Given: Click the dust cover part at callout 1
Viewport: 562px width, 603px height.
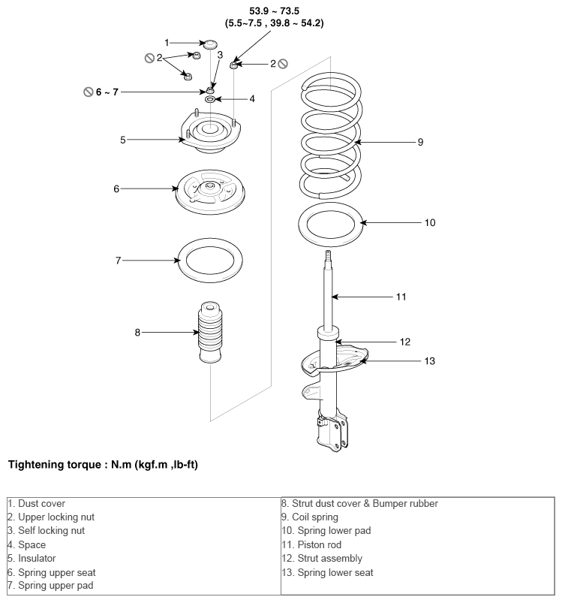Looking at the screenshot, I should click(x=211, y=44).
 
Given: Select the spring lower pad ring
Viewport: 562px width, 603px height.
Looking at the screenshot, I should click(x=331, y=223).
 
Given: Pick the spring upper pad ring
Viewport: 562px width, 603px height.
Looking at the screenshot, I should click(x=210, y=260).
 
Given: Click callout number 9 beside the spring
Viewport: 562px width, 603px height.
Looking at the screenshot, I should click(x=420, y=141).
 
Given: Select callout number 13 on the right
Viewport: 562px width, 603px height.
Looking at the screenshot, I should click(x=430, y=361).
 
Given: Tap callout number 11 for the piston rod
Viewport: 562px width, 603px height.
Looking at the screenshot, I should click(x=401, y=297).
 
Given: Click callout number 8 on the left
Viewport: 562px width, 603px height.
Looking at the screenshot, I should click(x=137, y=332).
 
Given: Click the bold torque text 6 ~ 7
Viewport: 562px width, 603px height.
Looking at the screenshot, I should click(x=107, y=92).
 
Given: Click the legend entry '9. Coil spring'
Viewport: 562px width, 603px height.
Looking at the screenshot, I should click(x=310, y=517).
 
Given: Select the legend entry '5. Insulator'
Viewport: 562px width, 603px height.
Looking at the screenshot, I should click(x=32, y=558).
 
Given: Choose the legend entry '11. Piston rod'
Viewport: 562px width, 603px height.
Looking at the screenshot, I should click(x=314, y=544).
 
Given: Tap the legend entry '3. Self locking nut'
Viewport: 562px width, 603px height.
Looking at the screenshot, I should click(x=46, y=530).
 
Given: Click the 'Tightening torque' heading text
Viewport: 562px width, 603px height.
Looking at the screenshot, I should click(x=103, y=464).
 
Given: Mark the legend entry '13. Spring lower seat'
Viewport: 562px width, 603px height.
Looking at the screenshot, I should click(x=327, y=572).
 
